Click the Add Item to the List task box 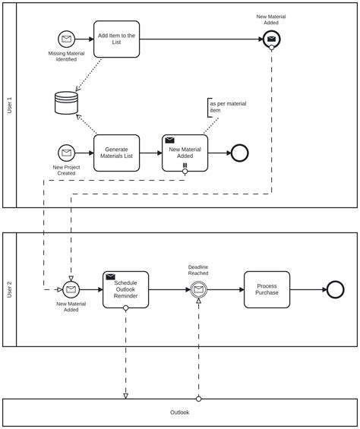click(x=117, y=39)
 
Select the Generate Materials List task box click(x=117, y=153)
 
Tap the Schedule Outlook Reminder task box click(x=126, y=289)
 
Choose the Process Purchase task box click(x=267, y=289)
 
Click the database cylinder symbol click(x=66, y=103)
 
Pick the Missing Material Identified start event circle click(x=67, y=39)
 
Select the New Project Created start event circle click(x=67, y=153)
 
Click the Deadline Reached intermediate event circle click(x=198, y=289)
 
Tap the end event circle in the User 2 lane click(x=335, y=289)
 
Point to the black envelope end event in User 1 click(x=271, y=39)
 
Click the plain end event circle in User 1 click(x=239, y=153)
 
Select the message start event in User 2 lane click(x=71, y=289)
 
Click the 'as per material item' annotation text click(x=228, y=107)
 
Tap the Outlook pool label click(x=179, y=412)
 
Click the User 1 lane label click(x=9, y=105)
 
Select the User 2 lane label click(x=9, y=289)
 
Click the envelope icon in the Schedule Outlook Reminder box click(x=111, y=277)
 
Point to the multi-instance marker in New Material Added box click(x=185, y=166)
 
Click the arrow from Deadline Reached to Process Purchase click(x=225, y=289)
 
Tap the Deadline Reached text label click(x=198, y=270)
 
